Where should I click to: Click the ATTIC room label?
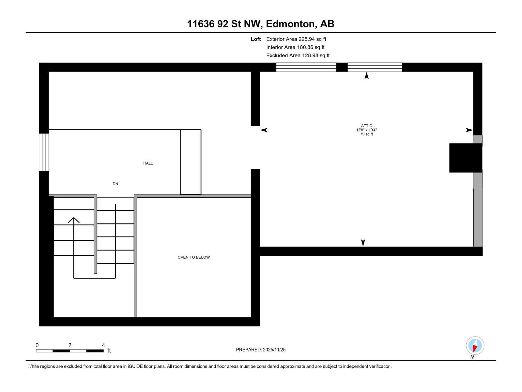point(366,126)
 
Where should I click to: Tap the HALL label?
point(148,163)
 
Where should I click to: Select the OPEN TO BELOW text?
point(193,257)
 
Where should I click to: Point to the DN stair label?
point(115,184)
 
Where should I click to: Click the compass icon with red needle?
point(475,346)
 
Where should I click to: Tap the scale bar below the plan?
point(70,351)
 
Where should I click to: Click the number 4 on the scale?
point(103,345)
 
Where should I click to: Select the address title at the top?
point(260,24)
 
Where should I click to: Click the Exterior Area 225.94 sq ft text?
point(296,39)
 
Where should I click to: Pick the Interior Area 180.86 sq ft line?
point(295,47)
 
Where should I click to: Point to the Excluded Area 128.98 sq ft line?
point(298,56)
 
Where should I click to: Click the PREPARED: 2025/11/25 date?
point(261,350)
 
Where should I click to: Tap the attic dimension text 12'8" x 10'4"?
point(366,130)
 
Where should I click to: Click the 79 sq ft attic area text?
point(366,134)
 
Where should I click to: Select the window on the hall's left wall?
point(44,152)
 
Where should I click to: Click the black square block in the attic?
point(465,158)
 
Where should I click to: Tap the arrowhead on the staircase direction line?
point(74,220)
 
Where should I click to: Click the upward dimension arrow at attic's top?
point(367,76)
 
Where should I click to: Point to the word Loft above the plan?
point(256,39)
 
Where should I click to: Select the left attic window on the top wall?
point(306,67)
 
